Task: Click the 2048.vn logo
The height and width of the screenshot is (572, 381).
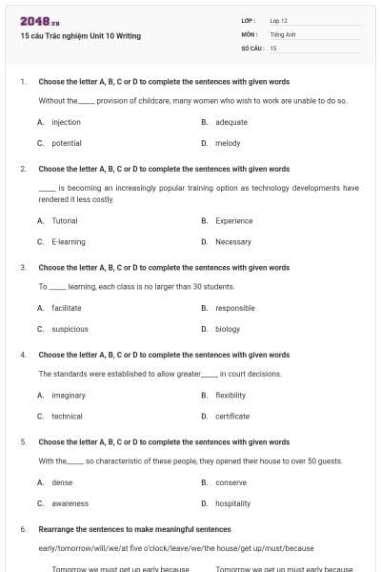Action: pyautogui.click(x=39, y=21)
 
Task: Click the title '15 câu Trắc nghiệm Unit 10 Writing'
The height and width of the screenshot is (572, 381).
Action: pyautogui.click(x=80, y=36)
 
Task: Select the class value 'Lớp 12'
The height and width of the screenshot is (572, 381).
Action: pyautogui.click(x=278, y=20)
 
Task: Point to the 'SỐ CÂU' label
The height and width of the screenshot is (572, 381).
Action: pyautogui.click(x=251, y=47)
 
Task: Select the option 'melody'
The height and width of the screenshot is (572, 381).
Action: pyautogui.click(x=228, y=143)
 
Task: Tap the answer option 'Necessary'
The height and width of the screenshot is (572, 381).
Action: pyautogui.click(x=233, y=241)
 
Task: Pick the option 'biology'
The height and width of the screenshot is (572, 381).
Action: pyautogui.click(x=228, y=329)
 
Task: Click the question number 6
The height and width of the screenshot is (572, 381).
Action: pyautogui.click(x=22, y=529)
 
